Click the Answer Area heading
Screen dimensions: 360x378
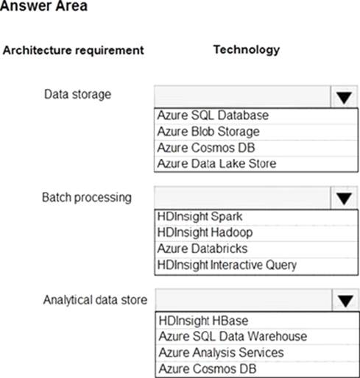pos(43,5)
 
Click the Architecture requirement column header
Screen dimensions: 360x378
pos(74,51)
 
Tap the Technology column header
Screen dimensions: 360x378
pos(247,50)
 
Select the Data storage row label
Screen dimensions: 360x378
pos(77,94)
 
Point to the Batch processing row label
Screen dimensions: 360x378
pos(87,198)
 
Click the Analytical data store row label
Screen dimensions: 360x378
pos(95,300)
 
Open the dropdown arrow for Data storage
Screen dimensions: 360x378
pos(344,97)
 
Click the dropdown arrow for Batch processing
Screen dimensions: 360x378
pos(344,199)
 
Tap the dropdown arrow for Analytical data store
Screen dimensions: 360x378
pos(345,301)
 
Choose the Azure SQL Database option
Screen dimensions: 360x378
pos(213,115)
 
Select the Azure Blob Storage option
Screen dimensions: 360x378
pos(208,132)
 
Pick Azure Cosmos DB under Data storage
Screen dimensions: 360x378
pos(206,148)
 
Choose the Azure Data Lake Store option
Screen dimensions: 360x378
pos(216,163)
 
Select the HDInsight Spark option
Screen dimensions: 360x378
pos(200,216)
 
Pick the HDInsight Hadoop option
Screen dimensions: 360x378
pos(205,232)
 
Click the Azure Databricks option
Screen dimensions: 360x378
pos(202,249)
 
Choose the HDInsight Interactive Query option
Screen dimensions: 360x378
pos(227,265)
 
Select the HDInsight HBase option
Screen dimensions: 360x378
pos(203,321)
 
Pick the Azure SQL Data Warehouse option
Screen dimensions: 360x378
pos(233,336)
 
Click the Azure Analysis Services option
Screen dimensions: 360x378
pos(222,353)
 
